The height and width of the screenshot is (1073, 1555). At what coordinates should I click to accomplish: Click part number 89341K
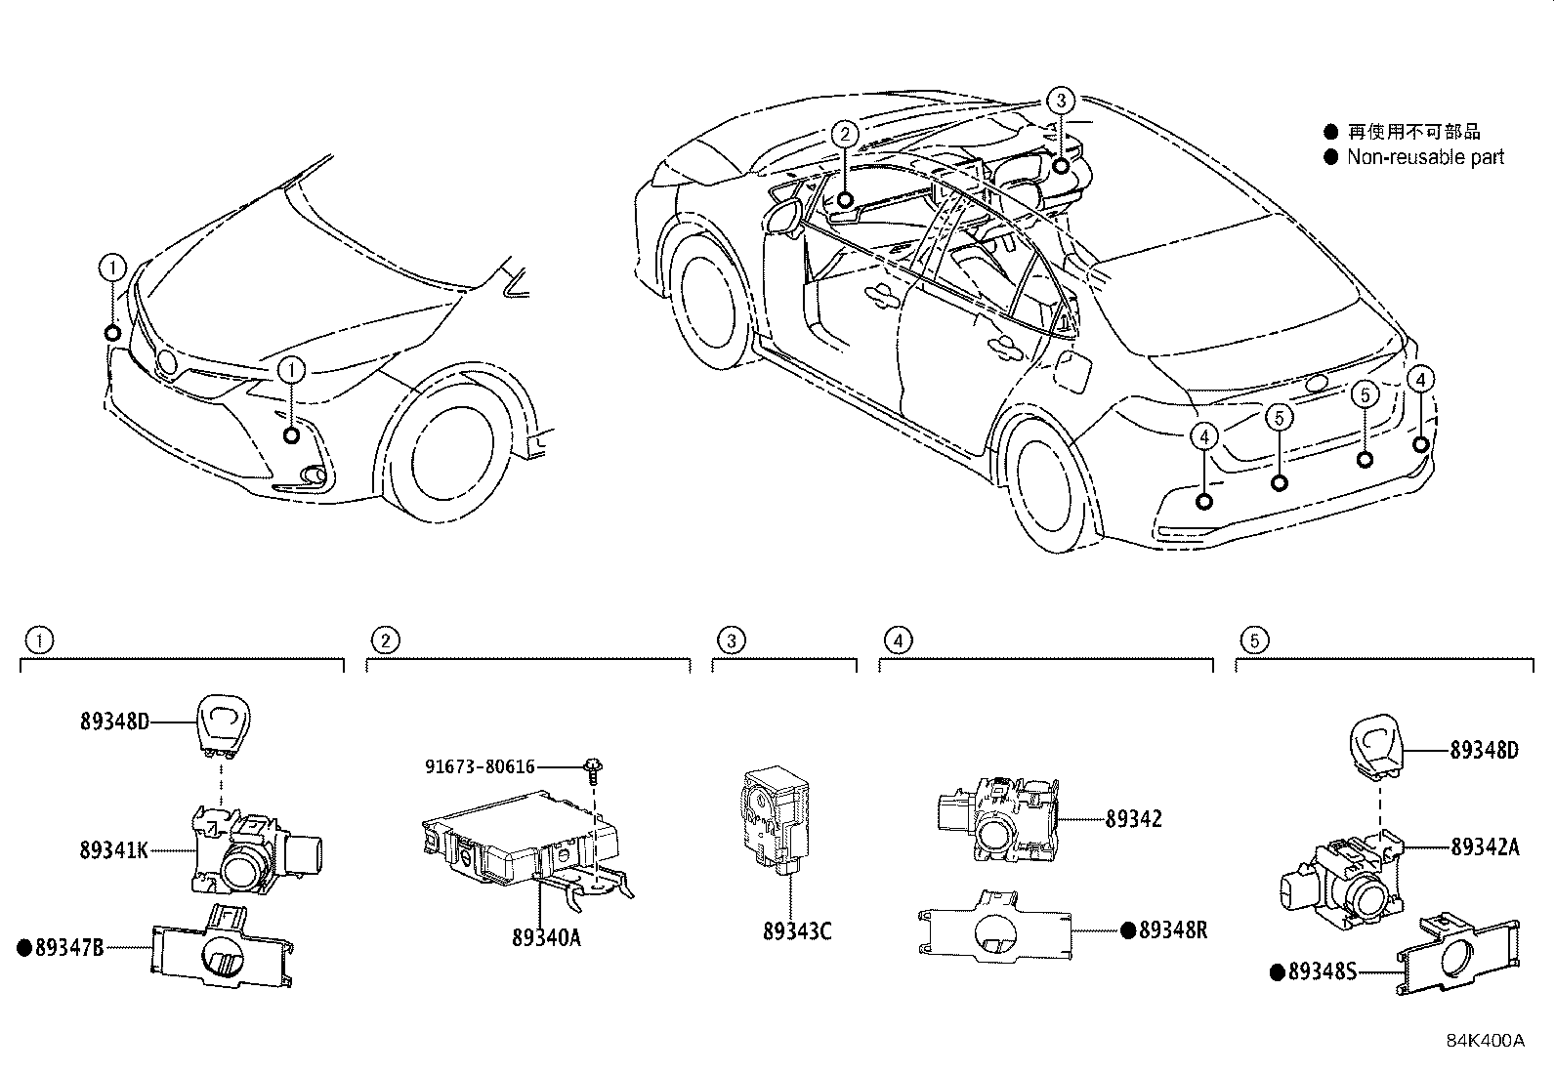click(113, 849)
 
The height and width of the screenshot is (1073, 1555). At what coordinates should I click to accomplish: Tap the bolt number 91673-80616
click(480, 766)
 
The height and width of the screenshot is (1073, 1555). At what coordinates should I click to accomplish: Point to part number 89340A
click(546, 937)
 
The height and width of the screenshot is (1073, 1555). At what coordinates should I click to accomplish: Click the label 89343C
click(797, 931)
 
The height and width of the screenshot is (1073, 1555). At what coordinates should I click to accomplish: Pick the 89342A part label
click(1485, 847)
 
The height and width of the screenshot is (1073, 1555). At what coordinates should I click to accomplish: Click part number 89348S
click(1324, 971)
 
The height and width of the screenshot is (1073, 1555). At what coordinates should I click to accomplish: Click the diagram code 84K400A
click(1485, 1040)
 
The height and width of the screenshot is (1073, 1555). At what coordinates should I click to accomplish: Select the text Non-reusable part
click(1425, 157)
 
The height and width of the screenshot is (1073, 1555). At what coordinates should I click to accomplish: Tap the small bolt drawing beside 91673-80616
click(592, 768)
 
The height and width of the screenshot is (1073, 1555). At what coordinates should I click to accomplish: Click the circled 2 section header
click(386, 640)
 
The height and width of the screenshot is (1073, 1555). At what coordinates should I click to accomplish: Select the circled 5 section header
click(1254, 640)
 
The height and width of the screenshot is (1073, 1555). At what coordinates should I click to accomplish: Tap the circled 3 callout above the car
click(1061, 100)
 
